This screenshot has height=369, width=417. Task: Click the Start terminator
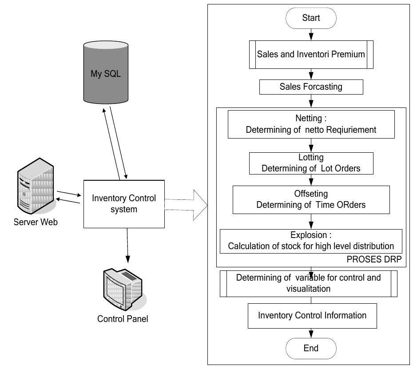pos(311,18)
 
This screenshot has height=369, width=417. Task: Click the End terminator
pos(311,348)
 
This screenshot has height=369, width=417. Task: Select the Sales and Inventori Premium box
pos(311,55)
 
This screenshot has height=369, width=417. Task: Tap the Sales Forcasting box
pos(311,87)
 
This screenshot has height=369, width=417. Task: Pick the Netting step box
pos(311,124)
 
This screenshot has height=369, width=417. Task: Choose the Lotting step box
pos(311,163)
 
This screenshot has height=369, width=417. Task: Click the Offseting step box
pos(311,199)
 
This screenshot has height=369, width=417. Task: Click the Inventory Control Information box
pos(312,315)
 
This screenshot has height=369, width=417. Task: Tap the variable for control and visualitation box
pos(309,283)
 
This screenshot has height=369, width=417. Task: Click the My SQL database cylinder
pos(106,73)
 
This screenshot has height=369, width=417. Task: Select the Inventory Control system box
pos(124,203)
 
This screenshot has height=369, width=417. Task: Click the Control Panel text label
pos(123,319)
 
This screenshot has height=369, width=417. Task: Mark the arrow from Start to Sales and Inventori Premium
pos(311,34)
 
